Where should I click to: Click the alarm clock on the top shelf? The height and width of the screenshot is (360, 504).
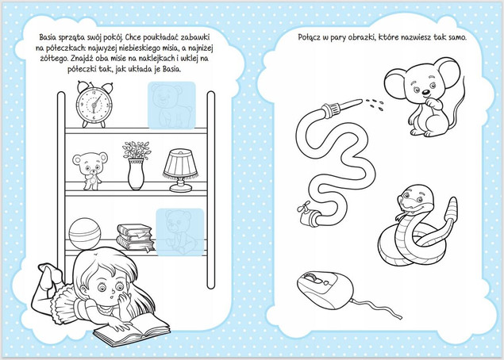click(x=94, y=105)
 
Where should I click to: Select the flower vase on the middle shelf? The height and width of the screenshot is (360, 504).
click(x=137, y=166)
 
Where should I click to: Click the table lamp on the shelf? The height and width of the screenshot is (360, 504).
click(x=181, y=170)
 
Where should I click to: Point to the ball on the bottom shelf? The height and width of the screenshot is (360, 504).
click(x=85, y=233)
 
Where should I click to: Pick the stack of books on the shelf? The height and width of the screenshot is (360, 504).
click(x=135, y=237)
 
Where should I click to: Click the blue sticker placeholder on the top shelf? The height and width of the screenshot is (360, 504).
click(x=171, y=105)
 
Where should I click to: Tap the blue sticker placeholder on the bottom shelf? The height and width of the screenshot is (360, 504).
click(x=180, y=232)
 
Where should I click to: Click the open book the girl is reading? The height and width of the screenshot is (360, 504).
click(x=132, y=331)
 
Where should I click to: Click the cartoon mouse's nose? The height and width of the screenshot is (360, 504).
click(x=425, y=93)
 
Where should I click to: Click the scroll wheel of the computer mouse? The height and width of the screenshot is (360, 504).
click(x=311, y=277)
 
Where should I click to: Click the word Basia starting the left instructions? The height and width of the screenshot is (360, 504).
click(x=48, y=37)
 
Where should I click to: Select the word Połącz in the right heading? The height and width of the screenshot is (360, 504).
click(x=309, y=37)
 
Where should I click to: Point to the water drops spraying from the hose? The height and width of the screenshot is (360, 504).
click(x=374, y=104)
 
